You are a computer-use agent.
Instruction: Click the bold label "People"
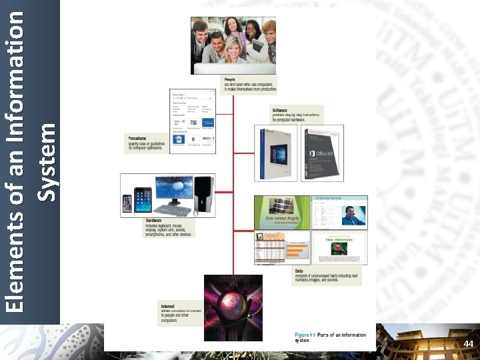[x=230, y=79]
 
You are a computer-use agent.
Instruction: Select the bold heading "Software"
[x=280, y=109]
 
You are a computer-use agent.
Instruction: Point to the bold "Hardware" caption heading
[x=154, y=221]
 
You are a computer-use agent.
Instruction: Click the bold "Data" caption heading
[x=299, y=271]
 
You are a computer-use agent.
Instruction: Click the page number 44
[x=468, y=343]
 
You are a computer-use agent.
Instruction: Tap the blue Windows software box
[x=276, y=153]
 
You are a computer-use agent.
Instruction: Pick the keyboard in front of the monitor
[x=172, y=209]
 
